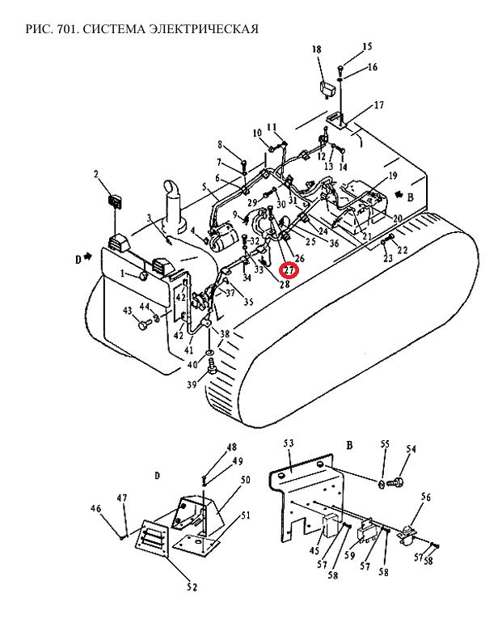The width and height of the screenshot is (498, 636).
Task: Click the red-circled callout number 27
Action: tap(290, 269)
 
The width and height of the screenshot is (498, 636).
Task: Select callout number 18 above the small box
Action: tap(317, 49)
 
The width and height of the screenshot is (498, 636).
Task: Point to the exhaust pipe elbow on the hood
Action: tap(174, 190)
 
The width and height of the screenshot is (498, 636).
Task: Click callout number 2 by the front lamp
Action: tap(96, 175)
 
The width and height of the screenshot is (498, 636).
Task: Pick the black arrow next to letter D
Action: tap(88, 257)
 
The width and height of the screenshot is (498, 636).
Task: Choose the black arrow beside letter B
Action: tap(400, 194)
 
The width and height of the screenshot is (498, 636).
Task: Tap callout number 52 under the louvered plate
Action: tap(192, 587)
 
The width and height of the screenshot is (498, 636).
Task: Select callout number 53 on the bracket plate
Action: tap(289, 442)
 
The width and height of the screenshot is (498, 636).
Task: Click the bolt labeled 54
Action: tap(395, 483)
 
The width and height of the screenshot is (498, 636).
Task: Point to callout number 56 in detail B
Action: tap(425, 497)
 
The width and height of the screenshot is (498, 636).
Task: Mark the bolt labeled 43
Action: tap(144, 325)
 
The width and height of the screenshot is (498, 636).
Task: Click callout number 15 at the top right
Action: tap(367, 47)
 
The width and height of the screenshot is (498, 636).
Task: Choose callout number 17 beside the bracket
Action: tap(378, 105)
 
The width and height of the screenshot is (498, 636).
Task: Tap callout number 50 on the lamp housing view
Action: tap(246, 480)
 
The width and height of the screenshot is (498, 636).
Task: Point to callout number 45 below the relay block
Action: tap(313, 550)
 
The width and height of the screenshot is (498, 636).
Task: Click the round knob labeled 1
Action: tap(143, 276)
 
